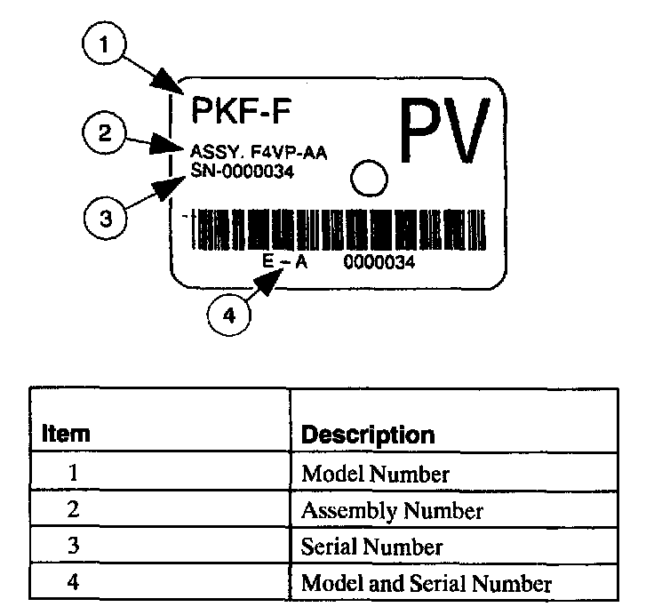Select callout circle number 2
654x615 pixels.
tap(105, 134)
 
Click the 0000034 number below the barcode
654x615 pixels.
tap(376, 264)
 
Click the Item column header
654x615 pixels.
tap(67, 435)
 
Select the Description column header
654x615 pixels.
tap(368, 435)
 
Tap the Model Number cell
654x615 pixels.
tap(375, 474)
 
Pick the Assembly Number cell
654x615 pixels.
tap(392, 510)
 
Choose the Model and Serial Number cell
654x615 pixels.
tap(427, 583)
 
